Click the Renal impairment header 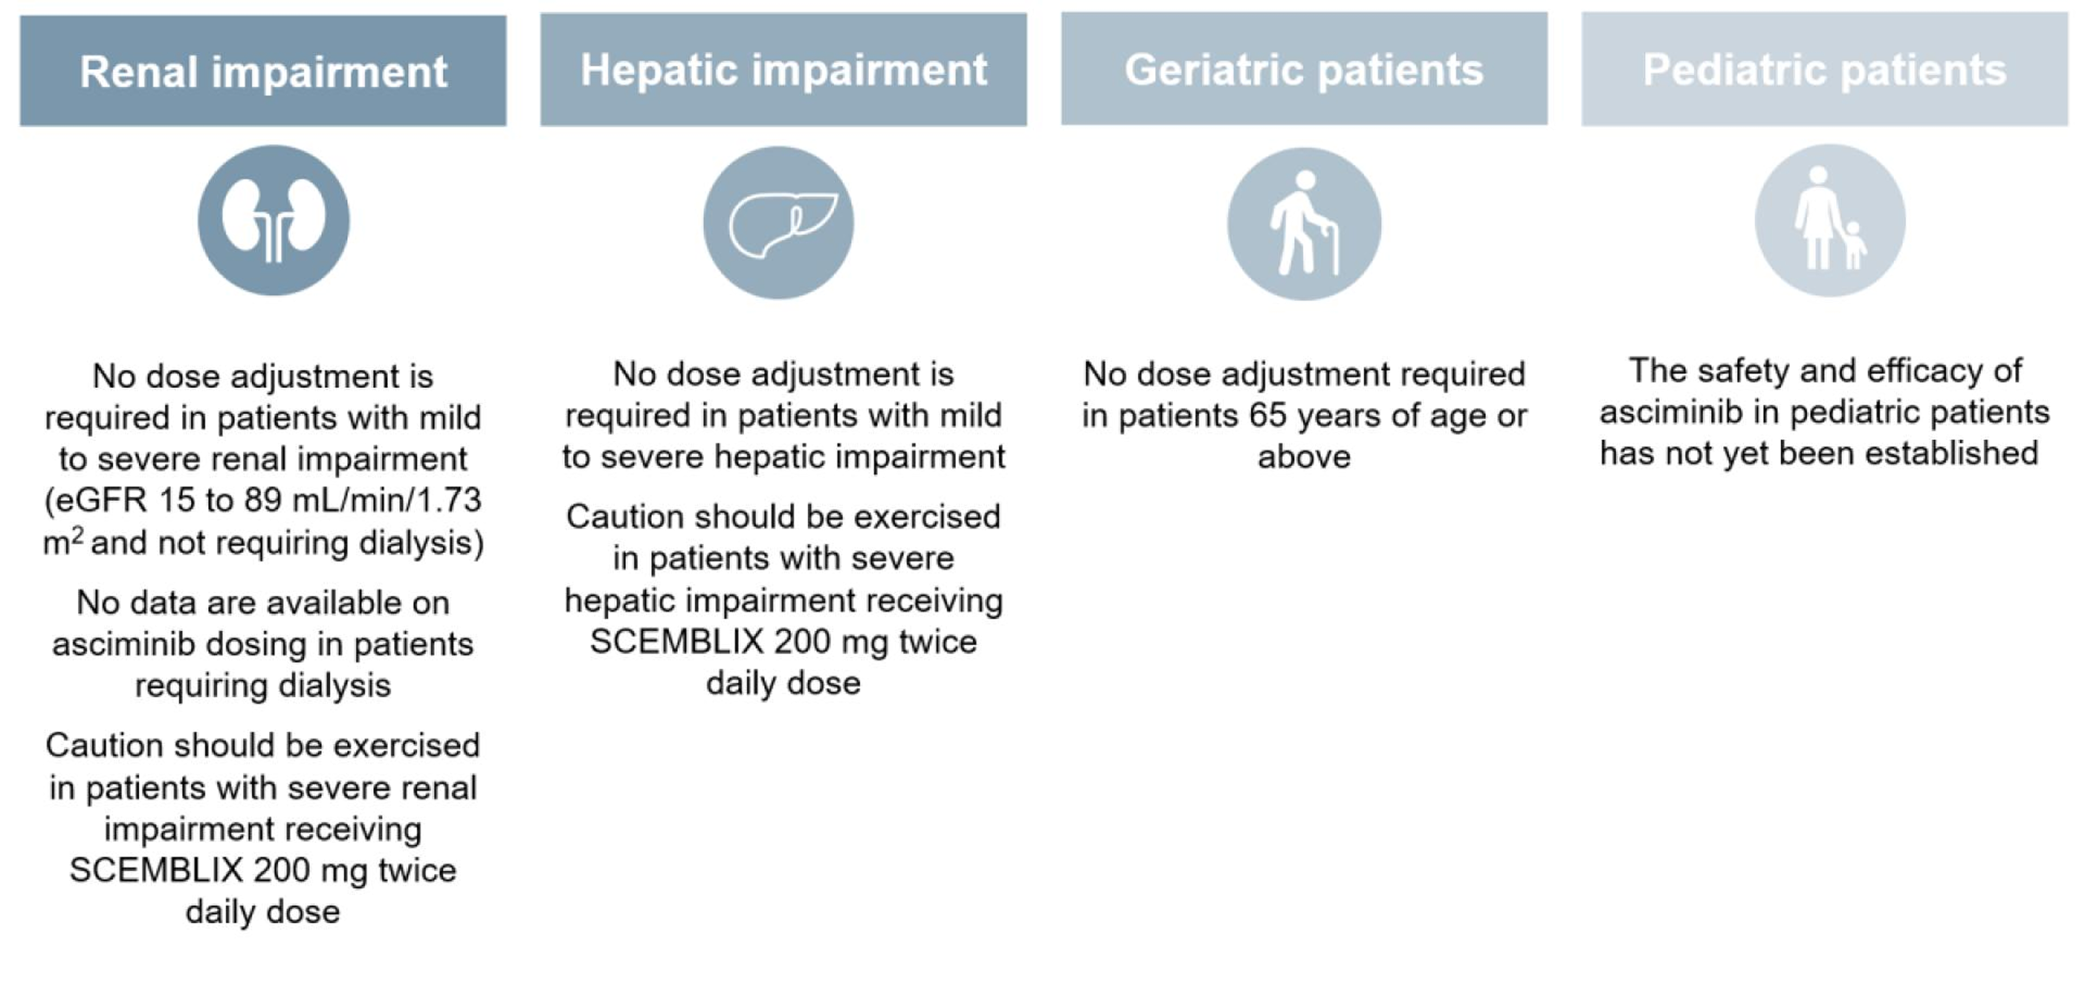coord(263,71)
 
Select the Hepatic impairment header coord(783,70)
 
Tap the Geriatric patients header coord(1304,69)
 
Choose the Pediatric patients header coord(1825,69)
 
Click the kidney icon coord(273,220)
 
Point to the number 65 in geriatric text coord(1267,417)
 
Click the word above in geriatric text coord(1304,457)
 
